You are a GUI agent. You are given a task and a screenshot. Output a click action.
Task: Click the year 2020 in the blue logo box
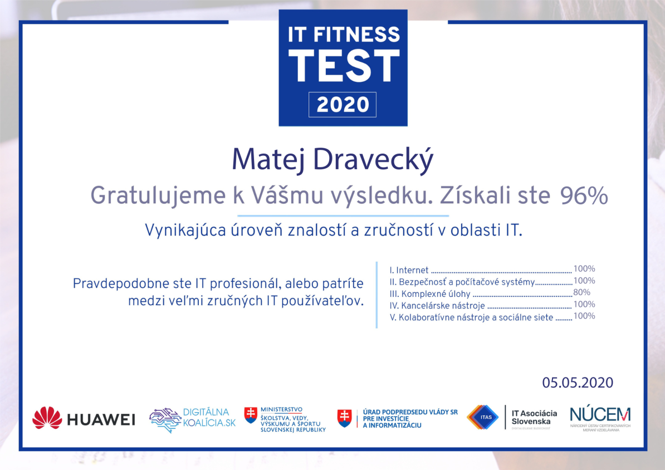pyautogui.click(x=343, y=105)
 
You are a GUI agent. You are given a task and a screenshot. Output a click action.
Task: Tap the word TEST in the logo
pyautogui.click(x=344, y=65)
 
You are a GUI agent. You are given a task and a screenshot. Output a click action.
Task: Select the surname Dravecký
pyautogui.click(x=373, y=159)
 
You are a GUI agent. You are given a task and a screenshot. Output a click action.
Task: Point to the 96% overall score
pyautogui.click(x=584, y=195)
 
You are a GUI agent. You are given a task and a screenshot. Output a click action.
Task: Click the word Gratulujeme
pyautogui.click(x=158, y=196)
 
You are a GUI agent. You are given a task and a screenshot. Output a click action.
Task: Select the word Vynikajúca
pyautogui.click(x=185, y=231)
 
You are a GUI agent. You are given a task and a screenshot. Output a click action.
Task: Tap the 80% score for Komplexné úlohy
pyautogui.click(x=581, y=292)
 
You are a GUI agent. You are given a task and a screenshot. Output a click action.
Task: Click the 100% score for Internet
pyautogui.click(x=584, y=268)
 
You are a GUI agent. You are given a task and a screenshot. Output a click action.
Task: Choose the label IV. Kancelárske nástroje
pyautogui.click(x=437, y=305)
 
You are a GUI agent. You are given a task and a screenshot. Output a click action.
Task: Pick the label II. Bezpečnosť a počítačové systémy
pyautogui.click(x=462, y=282)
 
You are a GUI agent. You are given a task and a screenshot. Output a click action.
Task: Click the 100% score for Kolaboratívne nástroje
pyautogui.click(x=584, y=316)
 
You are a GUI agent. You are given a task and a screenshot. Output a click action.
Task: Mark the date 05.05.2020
pyautogui.click(x=577, y=383)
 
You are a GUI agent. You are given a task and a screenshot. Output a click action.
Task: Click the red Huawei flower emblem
pyautogui.click(x=47, y=418)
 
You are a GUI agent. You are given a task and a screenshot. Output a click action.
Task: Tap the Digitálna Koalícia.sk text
pyautogui.click(x=209, y=418)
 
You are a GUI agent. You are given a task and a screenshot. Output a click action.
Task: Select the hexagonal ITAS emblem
pyautogui.click(x=483, y=417)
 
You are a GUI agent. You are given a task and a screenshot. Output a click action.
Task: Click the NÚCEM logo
pyautogui.click(x=600, y=418)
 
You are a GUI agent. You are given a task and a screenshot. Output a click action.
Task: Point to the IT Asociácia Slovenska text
pyautogui.click(x=534, y=418)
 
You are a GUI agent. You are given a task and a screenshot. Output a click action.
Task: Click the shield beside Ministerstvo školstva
pyautogui.click(x=251, y=415)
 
